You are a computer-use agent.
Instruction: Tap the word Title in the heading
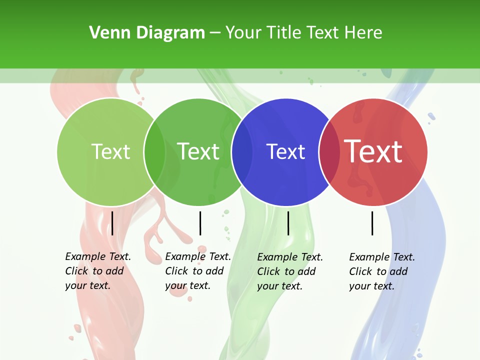tap(285, 33)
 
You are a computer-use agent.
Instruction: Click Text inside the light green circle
tap(110, 151)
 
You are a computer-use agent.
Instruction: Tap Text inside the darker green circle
tap(198, 151)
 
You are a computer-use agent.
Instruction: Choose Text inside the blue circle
tap(285, 151)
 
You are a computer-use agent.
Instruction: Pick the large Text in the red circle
tap(373, 151)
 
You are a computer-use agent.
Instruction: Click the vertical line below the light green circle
tap(112, 223)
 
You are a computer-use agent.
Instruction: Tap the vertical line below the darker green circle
tap(200, 223)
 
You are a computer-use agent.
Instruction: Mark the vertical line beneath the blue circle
tap(288, 223)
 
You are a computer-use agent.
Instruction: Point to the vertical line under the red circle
tap(372, 223)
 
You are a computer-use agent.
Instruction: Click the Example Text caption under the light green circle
tap(97, 271)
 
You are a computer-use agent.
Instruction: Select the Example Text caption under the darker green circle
tap(197, 271)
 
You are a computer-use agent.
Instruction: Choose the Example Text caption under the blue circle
tap(289, 271)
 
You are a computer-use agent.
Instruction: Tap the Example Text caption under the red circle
tap(381, 271)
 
